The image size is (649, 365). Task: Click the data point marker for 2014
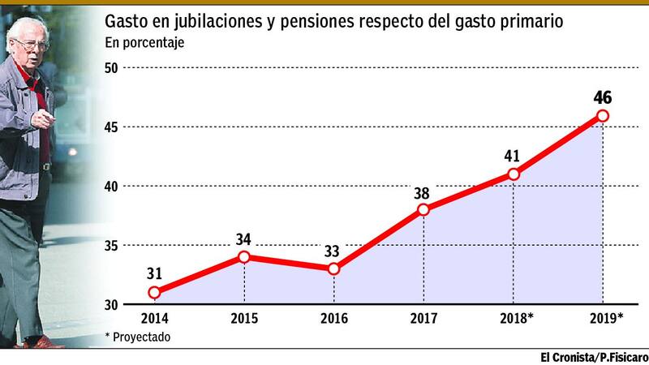click(x=154, y=292)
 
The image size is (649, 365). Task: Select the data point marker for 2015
click(x=244, y=257)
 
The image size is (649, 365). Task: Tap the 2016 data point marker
click(x=334, y=268)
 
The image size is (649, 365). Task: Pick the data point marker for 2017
click(x=423, y=209)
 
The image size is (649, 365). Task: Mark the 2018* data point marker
click(x=513, y=174)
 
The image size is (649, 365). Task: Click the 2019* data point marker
click(x=603, y=115)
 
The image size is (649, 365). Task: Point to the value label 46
click(x=603, y=98)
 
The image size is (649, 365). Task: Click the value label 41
click(x=513, y=156)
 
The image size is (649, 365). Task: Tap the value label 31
click(x=154, y=274)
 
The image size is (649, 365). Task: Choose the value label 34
click(x=244, y=239)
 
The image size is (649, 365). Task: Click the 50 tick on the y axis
click(x=112, y=68)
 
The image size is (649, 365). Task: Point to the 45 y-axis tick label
click(x=112, y=127)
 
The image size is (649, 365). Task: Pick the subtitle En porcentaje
click(x=144, y=43)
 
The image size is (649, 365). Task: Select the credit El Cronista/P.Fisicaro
click(x=594, y=357)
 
